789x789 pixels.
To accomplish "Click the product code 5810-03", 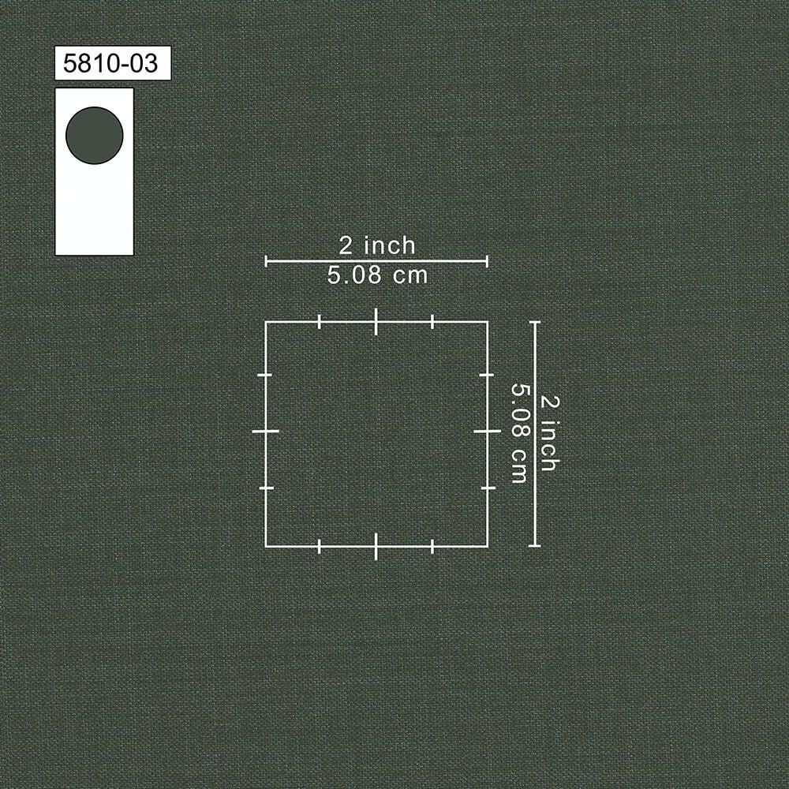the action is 110,63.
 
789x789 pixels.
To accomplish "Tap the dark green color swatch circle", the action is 95,136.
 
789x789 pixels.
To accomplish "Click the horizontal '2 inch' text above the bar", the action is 377,245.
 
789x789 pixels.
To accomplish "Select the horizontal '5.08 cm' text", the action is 377,275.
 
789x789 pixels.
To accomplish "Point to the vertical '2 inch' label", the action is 549,433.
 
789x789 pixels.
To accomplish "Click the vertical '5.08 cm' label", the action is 519,433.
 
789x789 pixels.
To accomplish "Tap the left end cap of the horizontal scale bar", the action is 266,261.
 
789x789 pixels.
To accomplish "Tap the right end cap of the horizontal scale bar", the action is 487,261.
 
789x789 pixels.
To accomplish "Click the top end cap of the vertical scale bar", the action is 535,322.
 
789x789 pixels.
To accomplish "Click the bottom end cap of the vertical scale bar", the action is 535,546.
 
